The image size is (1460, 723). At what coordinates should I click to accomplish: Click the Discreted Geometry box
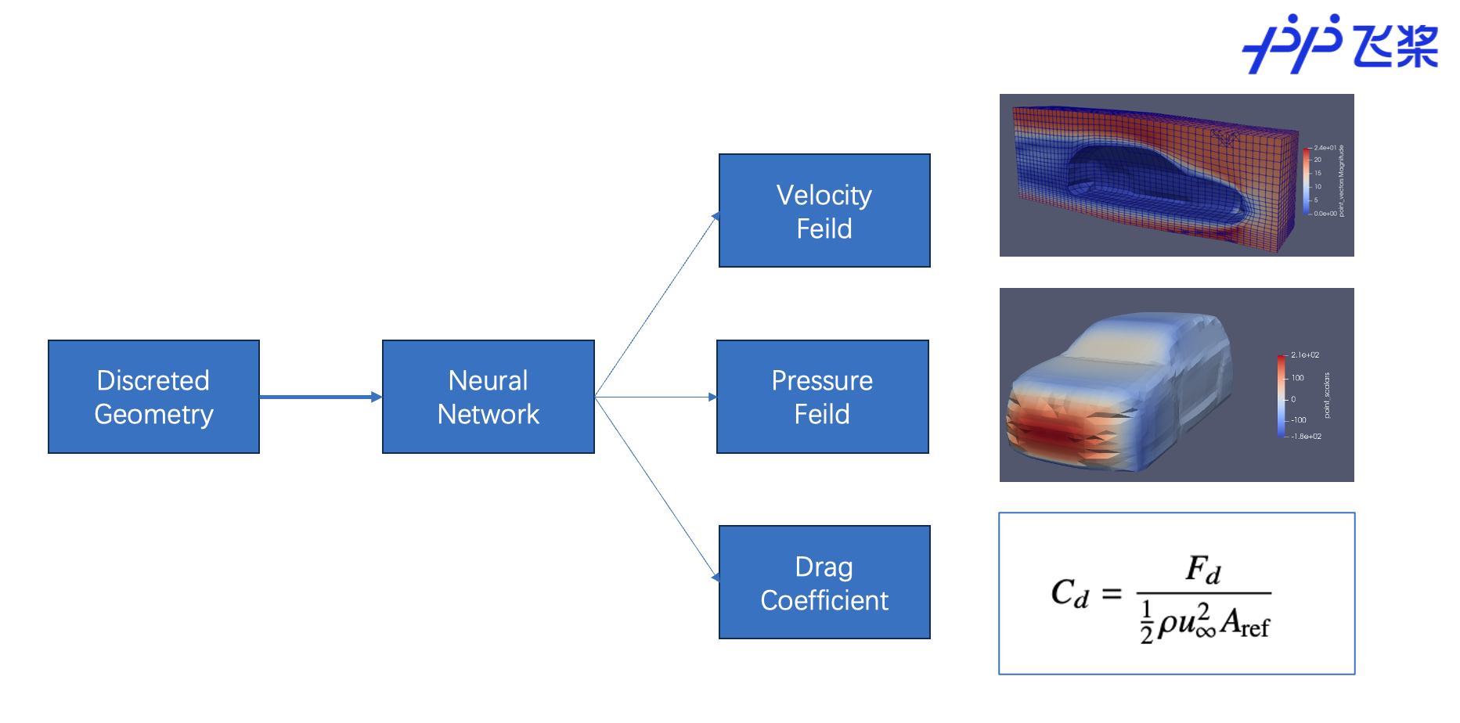coord(153,397)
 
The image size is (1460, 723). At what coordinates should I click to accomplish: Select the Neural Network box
coord(488,397)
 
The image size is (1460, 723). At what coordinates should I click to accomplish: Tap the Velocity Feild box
coord(824,210)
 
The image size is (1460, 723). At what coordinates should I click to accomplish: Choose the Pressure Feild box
coord(822,397)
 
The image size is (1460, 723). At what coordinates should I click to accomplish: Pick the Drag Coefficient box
coord(824,582)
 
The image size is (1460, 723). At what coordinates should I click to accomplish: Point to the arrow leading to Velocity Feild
coord(656,305)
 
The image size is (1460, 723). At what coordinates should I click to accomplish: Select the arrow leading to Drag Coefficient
coord(656,487)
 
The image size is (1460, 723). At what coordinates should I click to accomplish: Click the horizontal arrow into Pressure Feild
coord(656,397)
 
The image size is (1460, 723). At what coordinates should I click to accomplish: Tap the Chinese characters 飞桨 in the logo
coord(1396,45)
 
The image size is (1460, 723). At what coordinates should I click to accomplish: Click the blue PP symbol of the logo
coord(1292,45)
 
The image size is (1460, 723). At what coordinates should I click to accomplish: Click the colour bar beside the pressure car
coord(1281,395)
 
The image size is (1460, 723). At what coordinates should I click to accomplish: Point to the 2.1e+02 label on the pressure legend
coord(1304,355)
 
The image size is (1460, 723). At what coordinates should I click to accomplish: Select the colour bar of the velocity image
coord(1307,181)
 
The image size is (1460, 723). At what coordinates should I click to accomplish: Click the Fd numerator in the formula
coord(1203,570)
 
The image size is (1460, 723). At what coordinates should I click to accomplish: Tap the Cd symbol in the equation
coord(1069,593)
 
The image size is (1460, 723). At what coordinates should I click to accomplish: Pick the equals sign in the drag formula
coord(1112,595)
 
